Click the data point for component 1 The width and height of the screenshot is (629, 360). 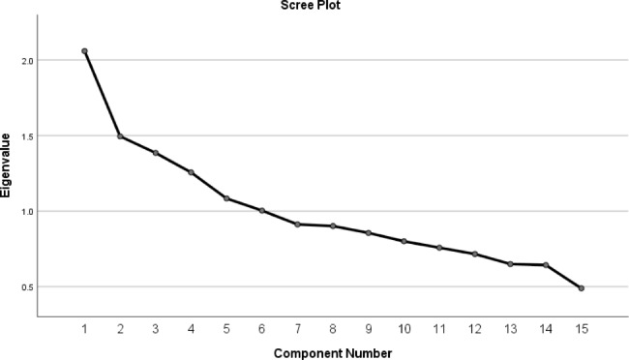(85, 51)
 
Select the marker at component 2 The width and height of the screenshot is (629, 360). (120, 136)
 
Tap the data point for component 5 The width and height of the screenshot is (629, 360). (226, 198)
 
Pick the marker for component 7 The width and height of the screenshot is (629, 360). (298, 225)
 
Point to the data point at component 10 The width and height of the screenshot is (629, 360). (404, 241)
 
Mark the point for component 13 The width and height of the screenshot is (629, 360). (510, 264)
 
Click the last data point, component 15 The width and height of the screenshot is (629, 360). (581, 288)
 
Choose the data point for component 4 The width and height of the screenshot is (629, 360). (192, 172)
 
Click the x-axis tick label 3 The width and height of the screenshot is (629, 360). (156, 329)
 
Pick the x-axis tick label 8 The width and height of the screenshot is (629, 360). (333, 329)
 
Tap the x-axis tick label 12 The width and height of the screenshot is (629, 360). (474, 329)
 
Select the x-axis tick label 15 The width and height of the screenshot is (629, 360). (581, 329)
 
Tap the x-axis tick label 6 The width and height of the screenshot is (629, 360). (262, 329)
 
